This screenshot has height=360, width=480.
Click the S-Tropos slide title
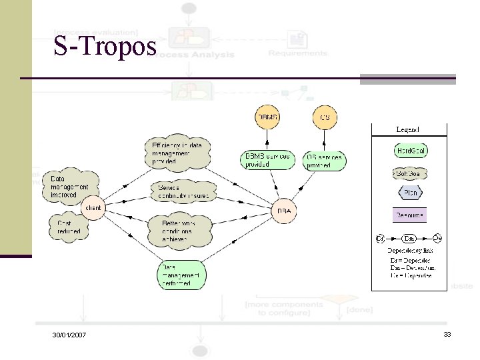105,47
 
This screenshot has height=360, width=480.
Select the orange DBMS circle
267,118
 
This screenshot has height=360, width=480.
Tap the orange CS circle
325,118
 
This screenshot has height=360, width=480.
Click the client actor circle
93,208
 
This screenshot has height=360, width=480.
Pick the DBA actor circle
283,211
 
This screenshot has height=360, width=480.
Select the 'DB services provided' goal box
325,161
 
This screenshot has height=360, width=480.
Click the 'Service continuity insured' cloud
183,192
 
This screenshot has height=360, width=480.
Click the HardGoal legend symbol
411,151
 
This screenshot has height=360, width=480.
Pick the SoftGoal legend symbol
410,174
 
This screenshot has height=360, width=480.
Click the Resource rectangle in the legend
410,215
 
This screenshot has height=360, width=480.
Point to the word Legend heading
407,129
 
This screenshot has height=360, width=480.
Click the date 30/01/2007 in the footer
69,334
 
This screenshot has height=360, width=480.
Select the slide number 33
447,333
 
